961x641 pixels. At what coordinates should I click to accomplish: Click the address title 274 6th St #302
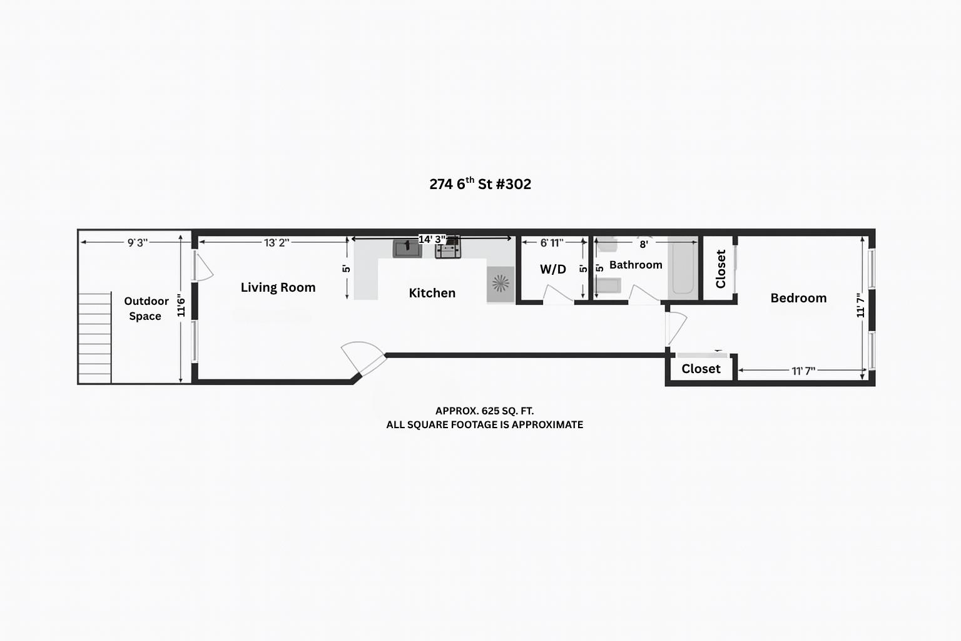point(480,184)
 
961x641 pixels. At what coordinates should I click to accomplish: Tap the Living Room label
point(278,287)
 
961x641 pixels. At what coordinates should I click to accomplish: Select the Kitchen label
point(432,293)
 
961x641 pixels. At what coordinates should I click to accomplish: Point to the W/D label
point(552,269)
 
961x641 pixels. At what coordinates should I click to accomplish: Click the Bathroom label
point(636,264)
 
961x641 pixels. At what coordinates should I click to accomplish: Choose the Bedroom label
point(798,298)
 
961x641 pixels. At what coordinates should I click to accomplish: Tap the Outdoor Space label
point(146,308)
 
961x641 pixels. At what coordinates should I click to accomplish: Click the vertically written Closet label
point(721,269)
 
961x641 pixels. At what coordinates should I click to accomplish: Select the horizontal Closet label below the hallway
point(701,369)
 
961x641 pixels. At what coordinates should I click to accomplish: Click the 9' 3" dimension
point(137,243)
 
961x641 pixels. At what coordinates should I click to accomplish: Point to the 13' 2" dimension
point(277,243)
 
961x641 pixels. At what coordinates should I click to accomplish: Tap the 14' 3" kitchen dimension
point(432,239)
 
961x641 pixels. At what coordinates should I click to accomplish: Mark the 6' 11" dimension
point(552,243)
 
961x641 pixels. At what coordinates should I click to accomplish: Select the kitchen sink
point(407,249)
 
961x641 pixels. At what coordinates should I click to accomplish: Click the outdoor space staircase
point(95,338)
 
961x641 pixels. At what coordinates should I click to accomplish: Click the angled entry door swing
point(363,357)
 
